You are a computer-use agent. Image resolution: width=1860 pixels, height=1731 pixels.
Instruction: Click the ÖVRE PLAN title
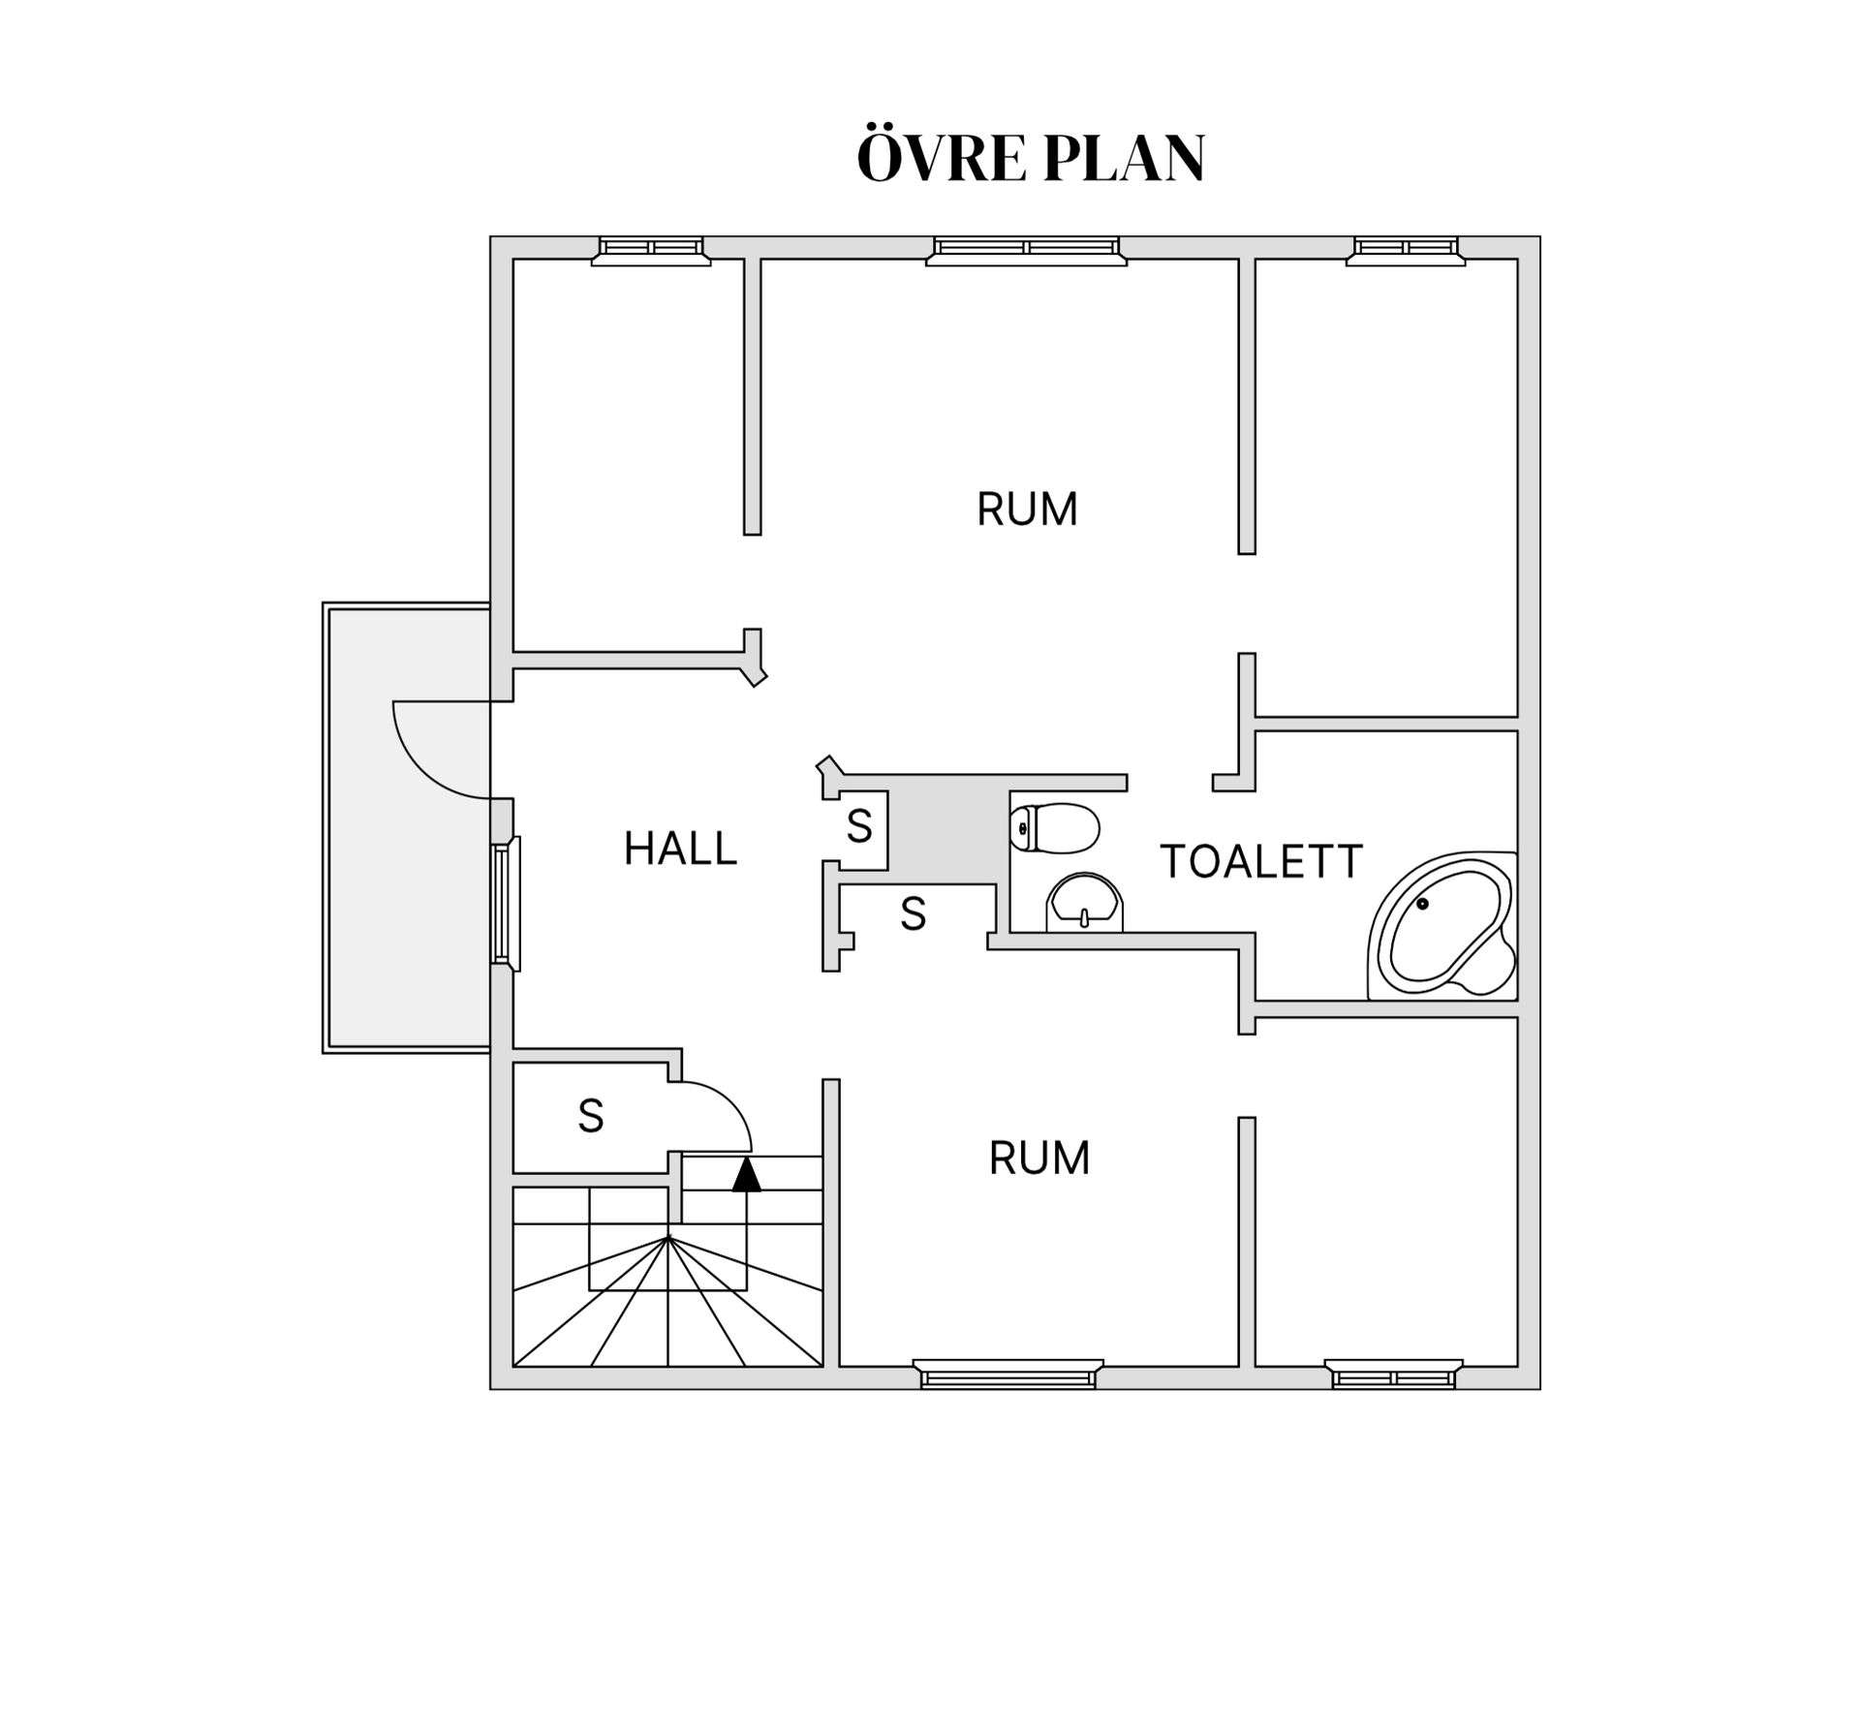coord(1031,158)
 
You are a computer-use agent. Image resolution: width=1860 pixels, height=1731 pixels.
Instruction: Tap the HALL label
coord(680,849)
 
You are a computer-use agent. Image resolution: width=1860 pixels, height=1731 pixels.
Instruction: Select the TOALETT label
coord(1261,861)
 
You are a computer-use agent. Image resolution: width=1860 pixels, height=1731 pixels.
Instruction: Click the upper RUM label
coord(1027,510)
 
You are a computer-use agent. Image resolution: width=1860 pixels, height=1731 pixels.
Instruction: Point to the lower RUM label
coord(1039,1158)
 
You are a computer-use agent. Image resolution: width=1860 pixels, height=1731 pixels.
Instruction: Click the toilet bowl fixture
coord(1055,828)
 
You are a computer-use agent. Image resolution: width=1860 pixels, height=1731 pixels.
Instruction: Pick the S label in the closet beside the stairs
coord(591,1116)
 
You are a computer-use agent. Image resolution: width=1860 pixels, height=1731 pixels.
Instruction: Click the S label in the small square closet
coord(859,826)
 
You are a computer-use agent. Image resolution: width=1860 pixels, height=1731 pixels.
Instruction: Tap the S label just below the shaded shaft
coord(913,913)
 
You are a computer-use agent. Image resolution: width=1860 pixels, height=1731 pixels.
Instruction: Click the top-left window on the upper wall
coord(651,250)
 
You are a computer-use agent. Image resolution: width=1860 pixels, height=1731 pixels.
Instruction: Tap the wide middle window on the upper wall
coord(1026,250)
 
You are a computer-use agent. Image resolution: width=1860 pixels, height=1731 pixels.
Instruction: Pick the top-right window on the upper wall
coord(1406,250)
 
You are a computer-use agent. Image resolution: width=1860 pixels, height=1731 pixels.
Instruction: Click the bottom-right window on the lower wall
coord(1393,1374)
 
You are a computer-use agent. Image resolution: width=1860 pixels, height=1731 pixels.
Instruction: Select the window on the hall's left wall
coord(506,903)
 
